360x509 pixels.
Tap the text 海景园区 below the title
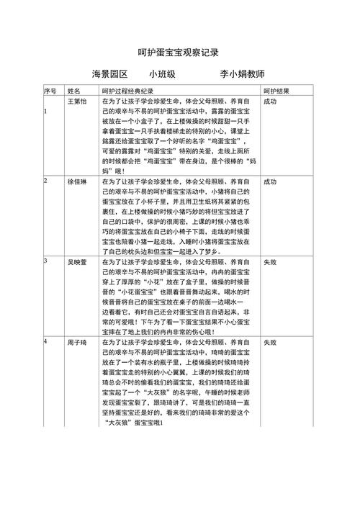point(109,75)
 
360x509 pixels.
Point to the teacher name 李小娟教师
point(243,75)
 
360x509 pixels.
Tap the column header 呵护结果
point(276,91)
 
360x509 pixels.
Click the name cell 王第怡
point(77,102)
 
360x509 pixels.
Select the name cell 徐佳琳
point(77,182)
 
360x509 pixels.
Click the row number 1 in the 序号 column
point(45,112)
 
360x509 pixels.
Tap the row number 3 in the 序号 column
point(45,261)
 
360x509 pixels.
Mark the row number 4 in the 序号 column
point(45,341)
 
